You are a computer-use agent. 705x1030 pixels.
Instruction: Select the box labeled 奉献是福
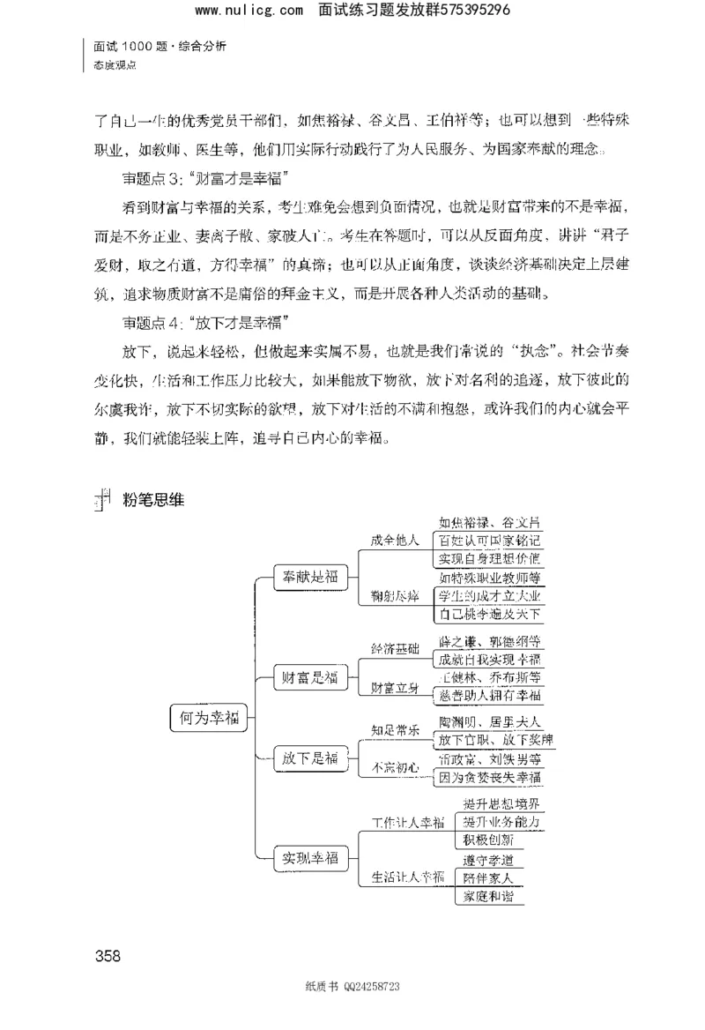click(x=305, y=578)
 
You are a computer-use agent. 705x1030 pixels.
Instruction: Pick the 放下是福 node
click(x=305, y=758)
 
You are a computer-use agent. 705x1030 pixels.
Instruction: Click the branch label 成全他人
click(x=395, y=541)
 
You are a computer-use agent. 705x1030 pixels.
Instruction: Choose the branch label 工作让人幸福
click(x=408, y=823)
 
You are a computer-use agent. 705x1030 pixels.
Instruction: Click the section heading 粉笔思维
click(x=146, y=498)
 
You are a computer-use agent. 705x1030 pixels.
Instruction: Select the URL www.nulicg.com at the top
click(x=235, y=11)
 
